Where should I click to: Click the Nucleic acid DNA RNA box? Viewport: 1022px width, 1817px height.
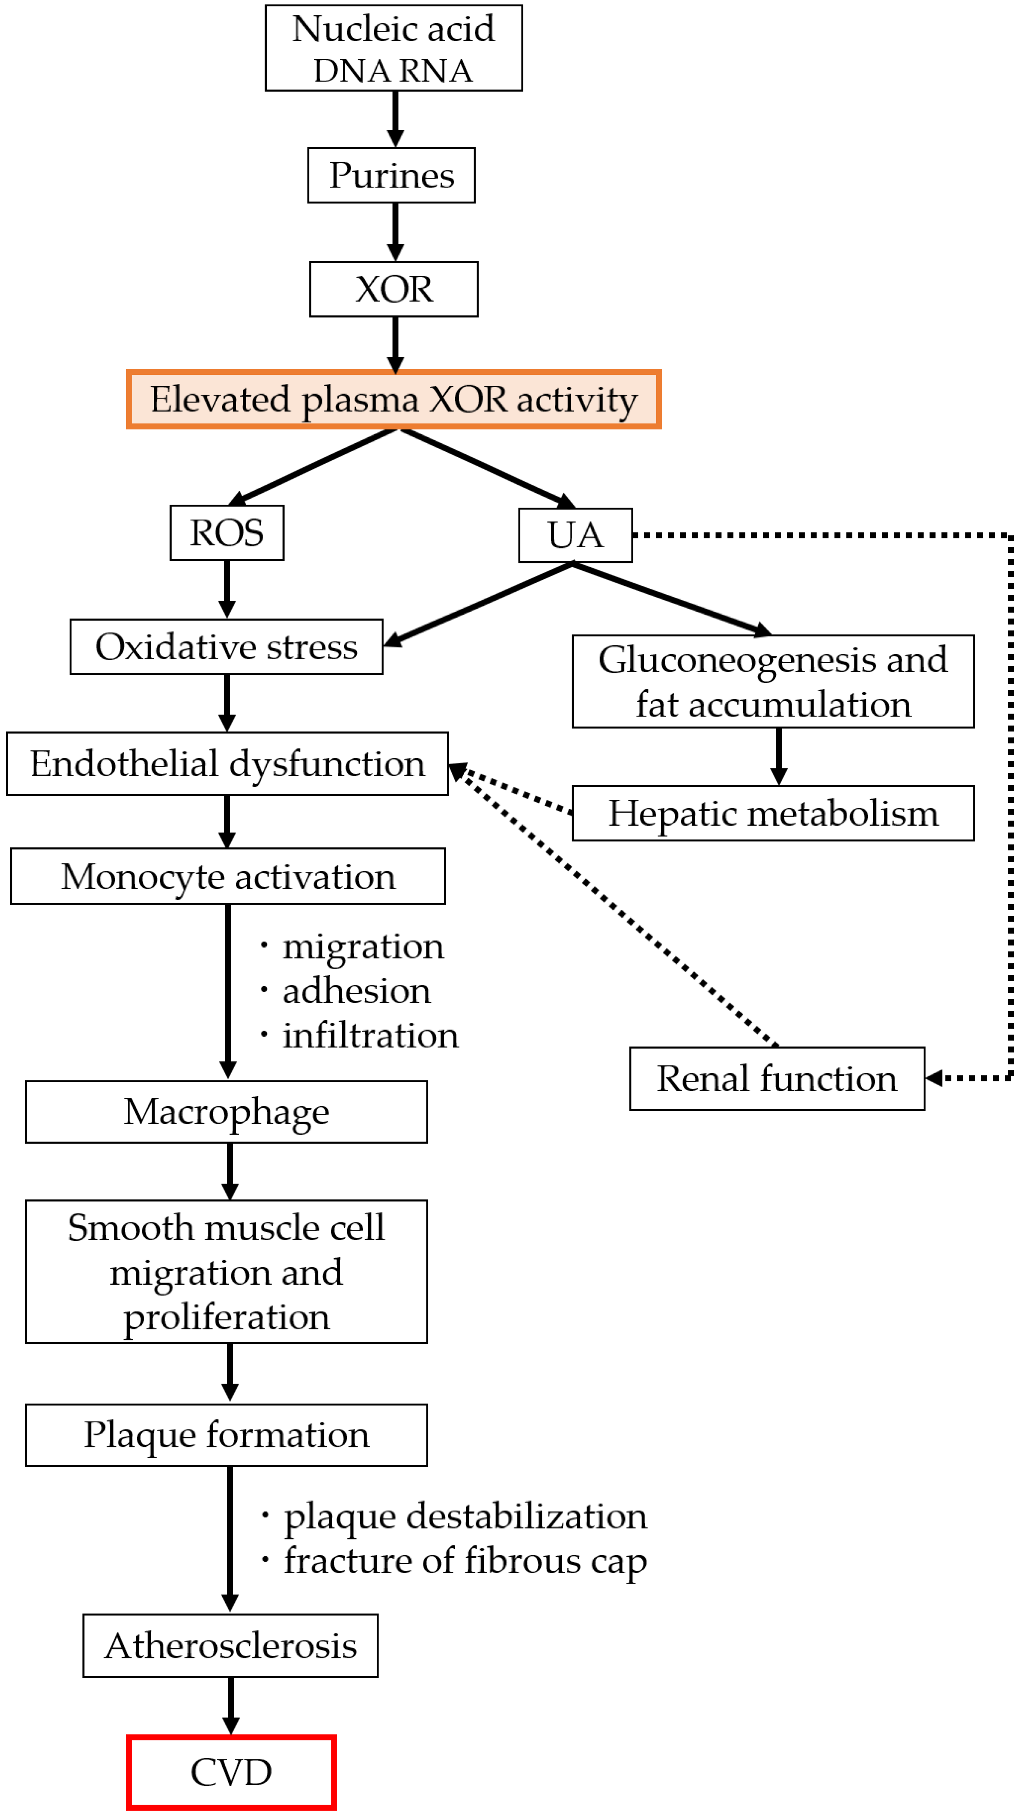[394, 48]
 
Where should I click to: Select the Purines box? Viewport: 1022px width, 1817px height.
[391, 175]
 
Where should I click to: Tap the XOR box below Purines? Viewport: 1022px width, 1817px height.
[394, 289]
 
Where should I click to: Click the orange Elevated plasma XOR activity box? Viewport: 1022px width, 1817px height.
[394, 399]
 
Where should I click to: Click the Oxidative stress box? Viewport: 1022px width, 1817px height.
[226, 647]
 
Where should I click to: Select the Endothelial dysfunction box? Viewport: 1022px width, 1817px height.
[227, 764]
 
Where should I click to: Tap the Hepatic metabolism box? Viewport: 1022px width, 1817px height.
[773, 813]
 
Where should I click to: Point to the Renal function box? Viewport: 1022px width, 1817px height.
[777, 1079]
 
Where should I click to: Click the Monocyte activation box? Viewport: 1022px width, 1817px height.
[228, 877]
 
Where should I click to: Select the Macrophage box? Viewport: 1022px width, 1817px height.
[226, 1112]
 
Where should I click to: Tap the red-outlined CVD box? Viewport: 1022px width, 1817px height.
[231, 1772]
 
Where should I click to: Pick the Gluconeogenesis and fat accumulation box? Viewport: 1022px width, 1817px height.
[773, 681]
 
